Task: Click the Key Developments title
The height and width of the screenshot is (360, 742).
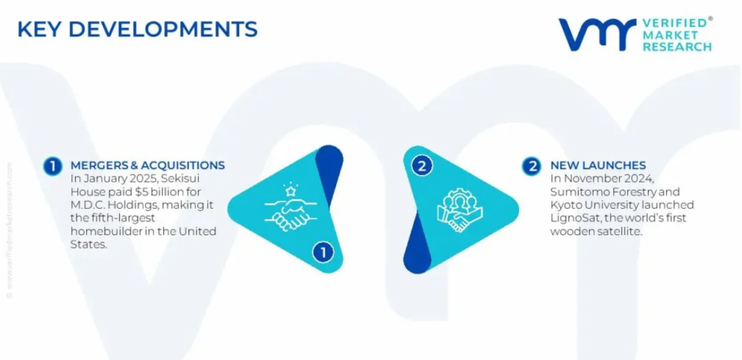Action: point(138,29)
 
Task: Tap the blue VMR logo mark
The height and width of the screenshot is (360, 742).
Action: point(597,34)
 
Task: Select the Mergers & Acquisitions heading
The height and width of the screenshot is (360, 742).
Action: point(148,165)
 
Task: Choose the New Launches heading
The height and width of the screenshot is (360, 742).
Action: point(598,165)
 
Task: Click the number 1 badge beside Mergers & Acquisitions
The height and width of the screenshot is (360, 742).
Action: point(53,166)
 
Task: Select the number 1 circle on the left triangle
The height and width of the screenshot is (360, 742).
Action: point(323,252)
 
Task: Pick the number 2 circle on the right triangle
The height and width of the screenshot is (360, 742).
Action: point(421,166)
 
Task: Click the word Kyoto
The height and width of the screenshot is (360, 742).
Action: point(566,205)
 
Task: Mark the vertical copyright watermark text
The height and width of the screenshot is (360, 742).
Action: point(10,231)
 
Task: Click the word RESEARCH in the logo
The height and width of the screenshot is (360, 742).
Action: point(678,46)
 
